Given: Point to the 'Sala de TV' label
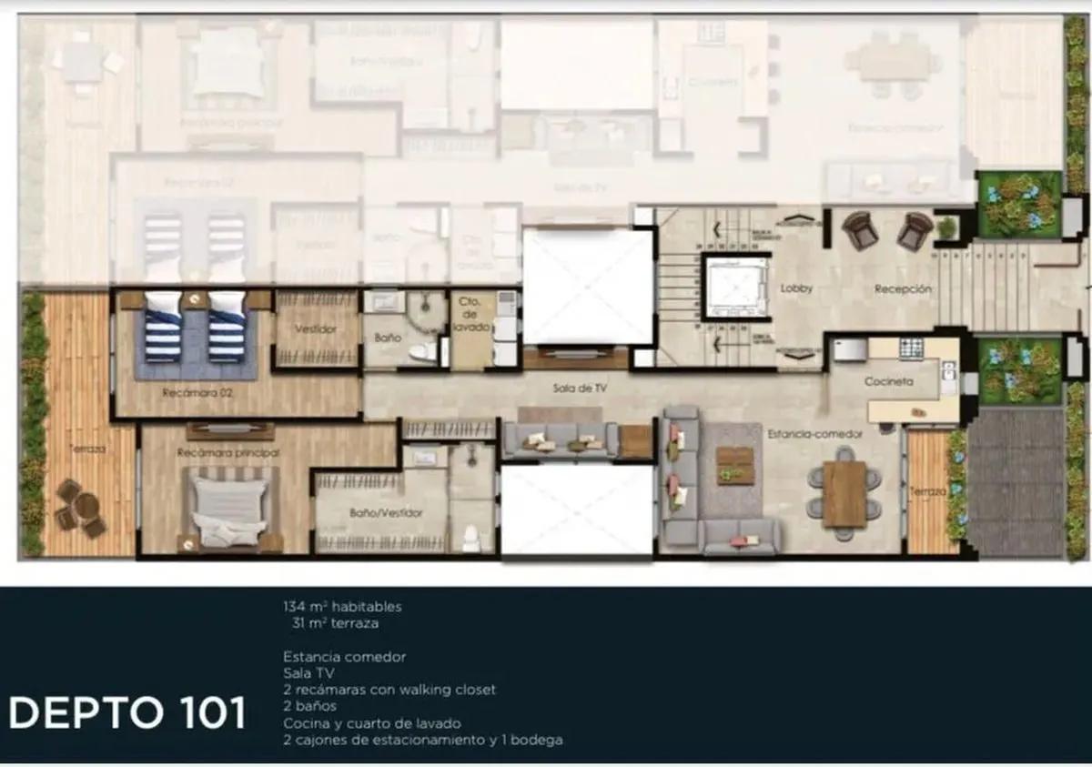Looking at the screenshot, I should pyautogui.click(x=579, y=389).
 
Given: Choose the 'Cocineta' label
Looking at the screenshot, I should pyautogui.click(x=888, y=382).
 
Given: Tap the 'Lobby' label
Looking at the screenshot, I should pyautogui.click(x=795, y=288).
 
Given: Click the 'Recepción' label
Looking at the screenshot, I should pyautogui.click(x=903, y=288).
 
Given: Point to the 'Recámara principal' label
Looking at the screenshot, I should pyautogui.click(x=228, y=451).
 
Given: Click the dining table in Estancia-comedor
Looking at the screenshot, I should pyautogui.click(x=844, y=493).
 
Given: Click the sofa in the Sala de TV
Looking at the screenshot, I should pyautogui.click(x=560, y=439).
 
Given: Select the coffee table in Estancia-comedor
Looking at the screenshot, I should pyautogui.click(x=734, y=465).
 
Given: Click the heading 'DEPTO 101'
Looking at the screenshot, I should pyautogui.click(x=127, y=713).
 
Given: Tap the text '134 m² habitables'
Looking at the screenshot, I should pyautogui.click(x=341, y=606).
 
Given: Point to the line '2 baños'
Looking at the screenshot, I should pyautogui.click(x=309, y=706).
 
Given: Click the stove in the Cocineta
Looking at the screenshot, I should pyautogui.click(x=910, y=348).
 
